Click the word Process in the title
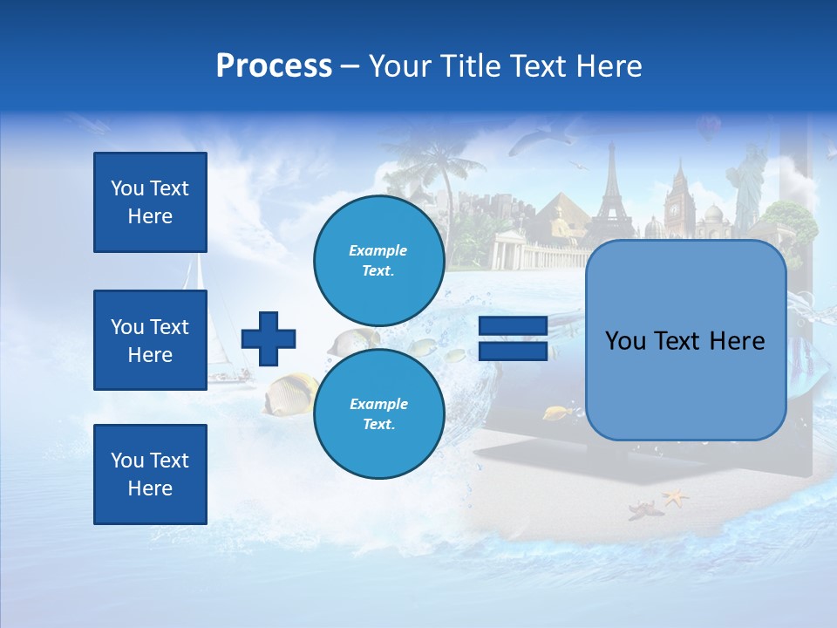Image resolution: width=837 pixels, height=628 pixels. (x=274, y=66)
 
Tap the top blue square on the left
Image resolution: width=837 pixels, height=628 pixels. (x=150, y=202)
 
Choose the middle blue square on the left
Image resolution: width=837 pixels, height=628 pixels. (x=150, y=340)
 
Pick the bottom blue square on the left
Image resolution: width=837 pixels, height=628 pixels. (x=150, y=474)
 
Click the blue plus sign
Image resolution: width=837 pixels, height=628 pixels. (x=269, y=338)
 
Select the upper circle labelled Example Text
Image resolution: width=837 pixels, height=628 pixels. (x=378, y=261)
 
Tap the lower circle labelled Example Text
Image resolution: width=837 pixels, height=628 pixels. (x=378, y=414)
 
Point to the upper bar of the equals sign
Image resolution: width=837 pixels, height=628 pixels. (x=513, y=326)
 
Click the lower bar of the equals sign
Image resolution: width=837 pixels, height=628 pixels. (x=513, y=352)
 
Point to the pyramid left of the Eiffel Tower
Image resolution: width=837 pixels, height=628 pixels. (x=558, y=218)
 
